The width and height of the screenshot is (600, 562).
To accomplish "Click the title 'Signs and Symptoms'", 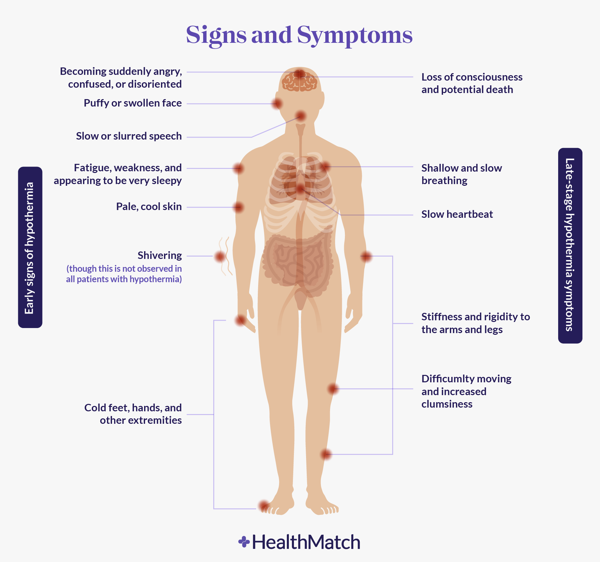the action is (299, 35).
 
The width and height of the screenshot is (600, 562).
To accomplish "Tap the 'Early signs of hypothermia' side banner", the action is (30, 247).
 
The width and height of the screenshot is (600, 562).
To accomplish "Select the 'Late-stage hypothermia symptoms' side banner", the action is (570, 245).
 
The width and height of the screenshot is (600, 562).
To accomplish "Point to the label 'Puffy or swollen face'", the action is (133, 103).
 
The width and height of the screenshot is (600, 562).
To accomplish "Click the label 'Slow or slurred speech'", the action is (129, 136).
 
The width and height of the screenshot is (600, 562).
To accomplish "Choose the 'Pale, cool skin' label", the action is (149, 207).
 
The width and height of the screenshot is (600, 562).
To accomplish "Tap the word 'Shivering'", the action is (160, 256).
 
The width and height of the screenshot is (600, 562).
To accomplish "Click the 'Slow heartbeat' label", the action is (457, 214).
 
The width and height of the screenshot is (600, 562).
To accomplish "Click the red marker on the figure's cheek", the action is (277, 103).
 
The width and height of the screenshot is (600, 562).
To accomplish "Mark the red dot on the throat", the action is (301, 117).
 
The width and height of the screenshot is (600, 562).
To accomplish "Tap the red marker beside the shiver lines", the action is (220, 257).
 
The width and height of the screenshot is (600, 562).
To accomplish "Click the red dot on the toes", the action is (264, 506).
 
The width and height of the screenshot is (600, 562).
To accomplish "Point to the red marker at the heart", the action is (300, 189).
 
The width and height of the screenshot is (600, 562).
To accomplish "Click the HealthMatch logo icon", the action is (244, 542).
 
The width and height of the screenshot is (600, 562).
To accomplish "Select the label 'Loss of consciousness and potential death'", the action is (471, 83).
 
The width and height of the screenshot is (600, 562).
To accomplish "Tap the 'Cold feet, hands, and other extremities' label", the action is (133, 414).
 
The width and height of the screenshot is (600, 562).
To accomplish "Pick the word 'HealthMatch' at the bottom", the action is (306, 542).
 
